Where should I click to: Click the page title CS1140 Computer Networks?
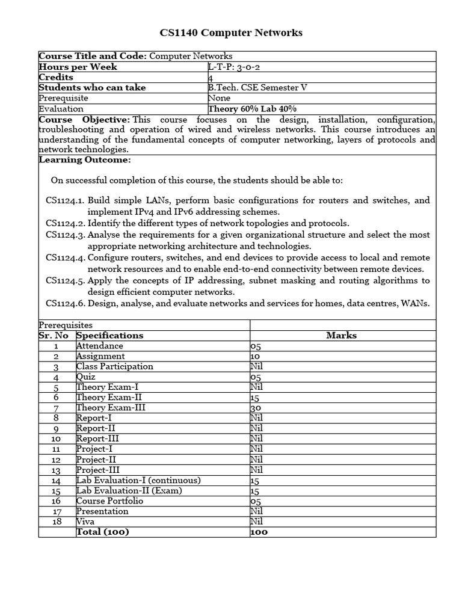[x=231, y=32]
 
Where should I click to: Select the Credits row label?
[x=56, y=77]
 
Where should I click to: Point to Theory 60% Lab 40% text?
[x=252, y=108]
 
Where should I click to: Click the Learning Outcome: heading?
[x=85, y=159]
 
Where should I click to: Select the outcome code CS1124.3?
[x=66, y=235]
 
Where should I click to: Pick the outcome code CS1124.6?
[x=66, y=303]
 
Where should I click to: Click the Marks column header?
[x=341, y=335]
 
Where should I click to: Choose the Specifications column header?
[x=110, y=335]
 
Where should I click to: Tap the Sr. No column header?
[x=56, y=335]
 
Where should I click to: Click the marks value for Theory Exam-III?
[x=255, y=407]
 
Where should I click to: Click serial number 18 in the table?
[x=57, y=521]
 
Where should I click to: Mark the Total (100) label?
[x=103, y=532]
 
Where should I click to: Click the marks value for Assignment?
[x=255, y=356]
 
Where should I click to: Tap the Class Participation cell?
[x=115, y=366]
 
